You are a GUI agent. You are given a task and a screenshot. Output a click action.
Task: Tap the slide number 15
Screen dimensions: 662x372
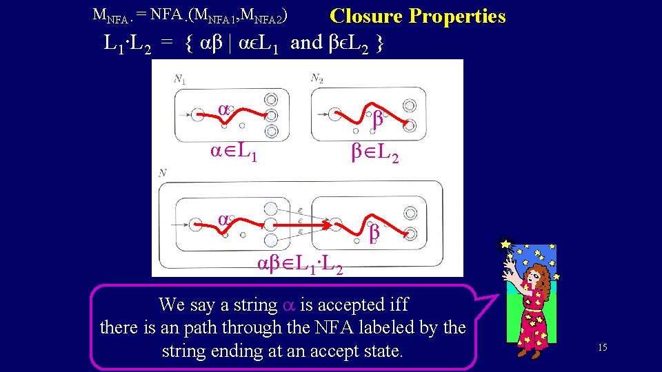602,347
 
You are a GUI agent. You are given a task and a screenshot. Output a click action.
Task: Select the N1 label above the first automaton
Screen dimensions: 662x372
179,80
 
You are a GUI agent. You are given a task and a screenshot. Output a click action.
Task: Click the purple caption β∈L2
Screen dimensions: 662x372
375,156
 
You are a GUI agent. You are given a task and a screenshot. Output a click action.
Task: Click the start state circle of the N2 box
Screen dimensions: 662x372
339,116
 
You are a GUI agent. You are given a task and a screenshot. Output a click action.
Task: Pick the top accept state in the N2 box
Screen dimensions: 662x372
410,106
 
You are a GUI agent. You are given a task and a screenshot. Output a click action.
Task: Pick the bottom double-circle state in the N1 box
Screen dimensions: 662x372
271,130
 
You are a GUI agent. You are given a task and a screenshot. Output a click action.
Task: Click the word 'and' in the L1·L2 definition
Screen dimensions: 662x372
306,43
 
